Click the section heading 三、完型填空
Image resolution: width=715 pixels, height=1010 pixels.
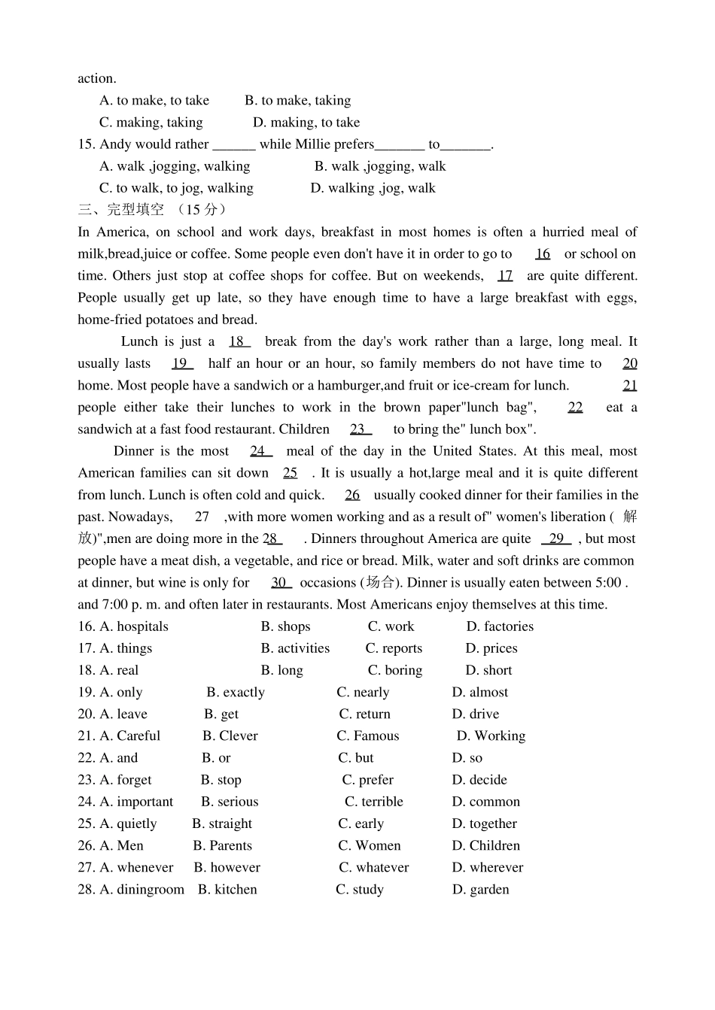click(x=120, y=210)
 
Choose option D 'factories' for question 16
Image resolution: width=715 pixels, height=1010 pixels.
click(x=500, y=626)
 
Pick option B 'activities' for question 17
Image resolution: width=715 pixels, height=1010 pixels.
click(x=295, y=648)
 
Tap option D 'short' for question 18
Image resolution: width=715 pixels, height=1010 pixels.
click(x=488, y=670)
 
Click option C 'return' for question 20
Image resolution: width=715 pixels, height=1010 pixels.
click(x=364, y=714)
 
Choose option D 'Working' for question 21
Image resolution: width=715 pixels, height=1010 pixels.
click(x=491, y=736)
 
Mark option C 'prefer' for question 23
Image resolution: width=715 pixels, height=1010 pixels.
click(x=367, y=780)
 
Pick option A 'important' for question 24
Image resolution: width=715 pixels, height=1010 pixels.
click(x=136, y=802)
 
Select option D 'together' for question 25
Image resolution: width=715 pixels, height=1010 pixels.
click(x=484, y=823)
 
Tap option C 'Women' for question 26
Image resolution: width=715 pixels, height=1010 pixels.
click(x=369, y=845)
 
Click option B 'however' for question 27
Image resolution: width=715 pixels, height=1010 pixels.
click(x=227, y=867)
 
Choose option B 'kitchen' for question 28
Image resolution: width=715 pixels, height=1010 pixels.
click(x=227, y=890)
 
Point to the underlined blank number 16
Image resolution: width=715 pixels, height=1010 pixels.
click(x=543, y=254)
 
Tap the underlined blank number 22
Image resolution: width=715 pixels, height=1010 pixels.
click(x=575, y=407)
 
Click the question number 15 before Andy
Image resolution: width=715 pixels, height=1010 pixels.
click(x=86, y=144)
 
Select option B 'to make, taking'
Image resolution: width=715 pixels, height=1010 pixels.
click(x=297, y=100)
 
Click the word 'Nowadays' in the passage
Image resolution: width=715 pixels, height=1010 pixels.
click(x=140, y=517)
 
